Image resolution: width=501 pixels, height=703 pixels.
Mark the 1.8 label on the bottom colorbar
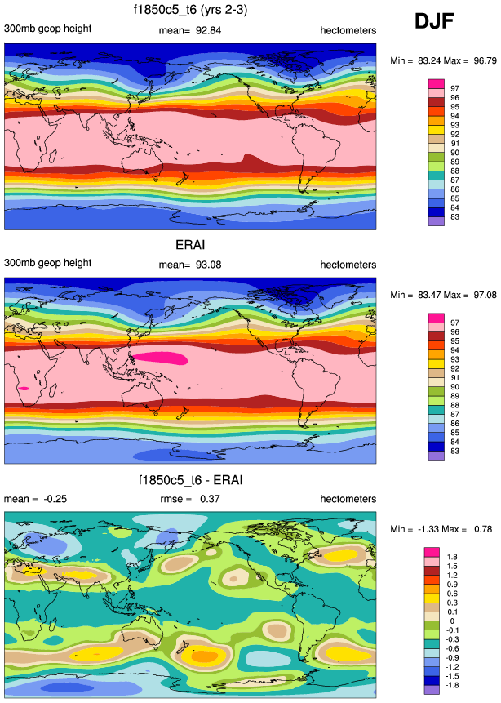(x=454, y=557)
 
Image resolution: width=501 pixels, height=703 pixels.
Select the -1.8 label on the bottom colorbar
(x=454, y=685)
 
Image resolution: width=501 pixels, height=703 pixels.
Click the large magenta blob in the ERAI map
(x=160, y=358)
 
